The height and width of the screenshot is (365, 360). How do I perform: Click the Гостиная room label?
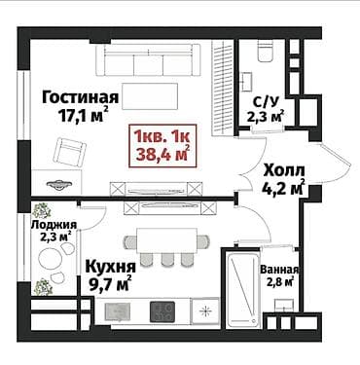click(81, 97)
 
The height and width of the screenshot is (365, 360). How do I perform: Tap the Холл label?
click(283, 166)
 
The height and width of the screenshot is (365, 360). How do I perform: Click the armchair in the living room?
click(69, 152)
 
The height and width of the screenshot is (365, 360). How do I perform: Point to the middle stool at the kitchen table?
click(164, 260)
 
